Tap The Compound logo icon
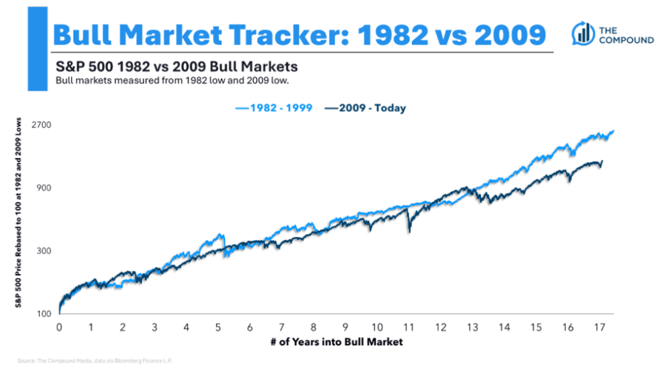pyautogui.click(x=581, y=34)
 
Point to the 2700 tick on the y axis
pyautogui.click(x=42, y=125)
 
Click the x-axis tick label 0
pyautogui.click(x=59, y=327)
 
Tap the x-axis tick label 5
pyautogui.click(x=218, y=327)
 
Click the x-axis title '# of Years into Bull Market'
pyautogui.click(x=337, y=341)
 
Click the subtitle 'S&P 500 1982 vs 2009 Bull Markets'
pyautogui.click(x=177, y=67)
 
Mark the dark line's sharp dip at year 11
pyautogui.click(x=410, y=230)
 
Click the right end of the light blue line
pyautogui.click(x=614, y=131)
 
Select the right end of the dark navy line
pyautogui.click(x=602, y=161)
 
